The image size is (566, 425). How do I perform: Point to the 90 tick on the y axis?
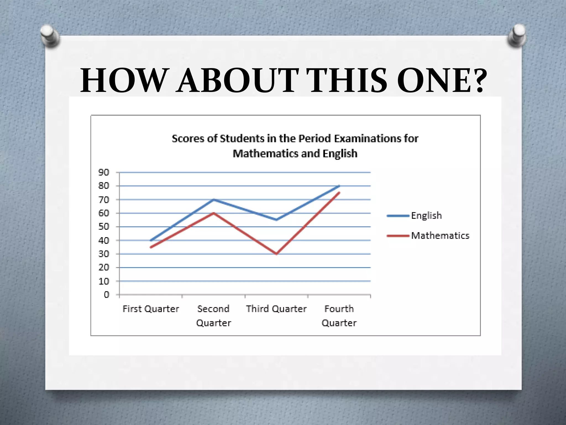coord(104,172)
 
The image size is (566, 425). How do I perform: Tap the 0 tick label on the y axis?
coord(107,295)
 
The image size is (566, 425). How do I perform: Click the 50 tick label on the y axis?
coord(104,227)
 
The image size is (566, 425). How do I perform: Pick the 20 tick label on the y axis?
coord(104,268)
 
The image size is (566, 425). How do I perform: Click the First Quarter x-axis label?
coord(151,309)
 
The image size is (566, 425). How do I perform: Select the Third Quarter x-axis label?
coord(276,309)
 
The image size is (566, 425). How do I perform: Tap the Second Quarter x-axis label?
coord(214,316)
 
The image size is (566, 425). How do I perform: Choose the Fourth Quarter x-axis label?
coord(339,316)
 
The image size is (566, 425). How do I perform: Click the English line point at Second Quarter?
coord(214,199)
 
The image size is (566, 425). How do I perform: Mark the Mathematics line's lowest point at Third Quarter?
coord(276,254)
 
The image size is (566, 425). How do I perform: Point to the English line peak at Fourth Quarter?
coord(339,186)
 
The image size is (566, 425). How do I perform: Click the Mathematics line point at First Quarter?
coord(151,247)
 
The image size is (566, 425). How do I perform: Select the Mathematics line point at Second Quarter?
coord(214,213)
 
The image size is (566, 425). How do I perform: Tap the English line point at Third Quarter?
coord(276,220)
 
